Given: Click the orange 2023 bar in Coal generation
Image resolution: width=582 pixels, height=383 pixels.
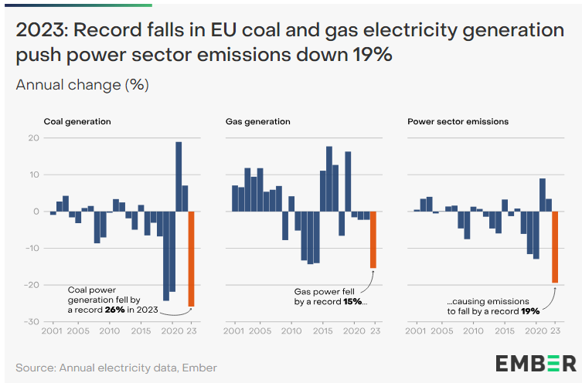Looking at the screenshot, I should [191, 259].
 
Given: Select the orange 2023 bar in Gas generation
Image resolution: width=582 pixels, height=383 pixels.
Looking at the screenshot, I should [373, 239].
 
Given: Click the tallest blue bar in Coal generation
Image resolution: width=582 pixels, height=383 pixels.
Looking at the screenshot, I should [179, 176].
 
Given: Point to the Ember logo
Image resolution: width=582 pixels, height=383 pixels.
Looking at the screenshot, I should [535, 363].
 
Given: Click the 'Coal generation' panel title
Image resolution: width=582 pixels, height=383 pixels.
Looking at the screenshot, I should [77, 121].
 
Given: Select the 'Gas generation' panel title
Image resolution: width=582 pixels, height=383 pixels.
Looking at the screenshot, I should [257, 121].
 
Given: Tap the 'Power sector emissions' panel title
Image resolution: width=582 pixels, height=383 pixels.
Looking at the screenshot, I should [458, 121].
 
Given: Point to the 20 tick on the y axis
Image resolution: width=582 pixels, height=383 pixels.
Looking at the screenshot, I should [32, 138].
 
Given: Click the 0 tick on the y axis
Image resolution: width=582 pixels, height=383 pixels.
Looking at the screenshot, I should [35, 211].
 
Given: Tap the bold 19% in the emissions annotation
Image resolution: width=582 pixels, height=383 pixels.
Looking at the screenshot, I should [529, 311].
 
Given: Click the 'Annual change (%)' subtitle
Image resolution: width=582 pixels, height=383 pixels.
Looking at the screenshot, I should [82, 84].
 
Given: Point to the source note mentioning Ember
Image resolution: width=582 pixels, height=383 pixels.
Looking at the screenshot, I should [116, 368].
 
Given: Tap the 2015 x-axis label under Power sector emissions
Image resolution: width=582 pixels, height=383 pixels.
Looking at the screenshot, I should [504, 331].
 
